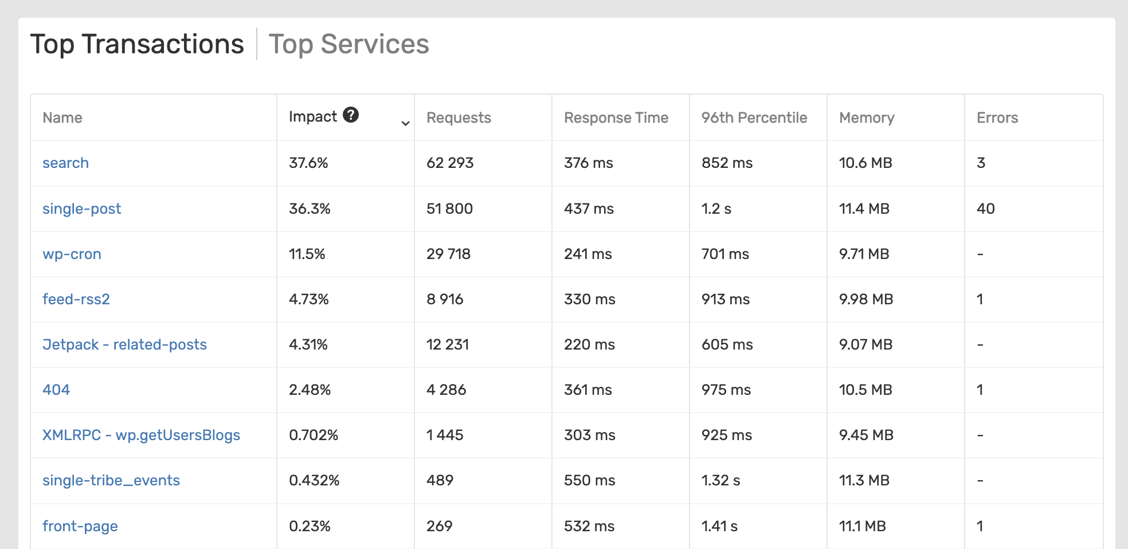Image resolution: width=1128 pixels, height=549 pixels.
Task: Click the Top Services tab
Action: [348, 44]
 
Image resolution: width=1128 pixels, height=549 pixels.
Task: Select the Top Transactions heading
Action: [137, 44]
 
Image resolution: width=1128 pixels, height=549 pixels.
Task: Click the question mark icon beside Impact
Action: [351, 115]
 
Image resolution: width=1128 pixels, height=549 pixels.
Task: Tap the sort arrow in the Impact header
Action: [405, 123]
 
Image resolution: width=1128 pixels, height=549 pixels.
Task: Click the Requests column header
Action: [459, 117]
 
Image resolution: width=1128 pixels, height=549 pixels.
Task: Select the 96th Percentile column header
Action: [754, 117]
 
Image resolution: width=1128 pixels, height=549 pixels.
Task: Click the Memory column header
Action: [867, 117]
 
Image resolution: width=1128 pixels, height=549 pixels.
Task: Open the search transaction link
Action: [65, 163]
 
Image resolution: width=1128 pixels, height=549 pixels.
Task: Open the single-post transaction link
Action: [81, 209]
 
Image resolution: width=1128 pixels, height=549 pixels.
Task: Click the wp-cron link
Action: [72, 254]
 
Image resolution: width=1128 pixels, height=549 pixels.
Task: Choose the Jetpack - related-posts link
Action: [124, 344]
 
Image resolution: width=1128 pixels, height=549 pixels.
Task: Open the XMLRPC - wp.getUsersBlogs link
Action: [141, 435]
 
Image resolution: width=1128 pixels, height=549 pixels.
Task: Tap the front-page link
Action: [80, 526]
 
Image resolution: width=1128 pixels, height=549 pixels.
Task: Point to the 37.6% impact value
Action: [308, 163]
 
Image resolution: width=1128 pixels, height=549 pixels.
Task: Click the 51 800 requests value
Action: [449, 209]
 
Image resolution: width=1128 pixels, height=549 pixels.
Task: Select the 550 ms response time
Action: [589, 480]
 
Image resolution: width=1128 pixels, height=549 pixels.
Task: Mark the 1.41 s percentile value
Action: [719, 526]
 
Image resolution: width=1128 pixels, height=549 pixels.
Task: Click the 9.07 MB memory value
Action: [865, 344]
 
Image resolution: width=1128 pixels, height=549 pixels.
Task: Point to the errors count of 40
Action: [985, 209]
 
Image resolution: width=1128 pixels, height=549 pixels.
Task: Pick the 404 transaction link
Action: [56, 390]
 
